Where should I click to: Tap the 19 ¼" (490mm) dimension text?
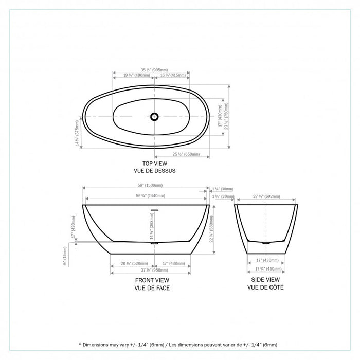[x=131, y=75]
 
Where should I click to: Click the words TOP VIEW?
[x=151, y=163]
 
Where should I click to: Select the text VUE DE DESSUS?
[x=151, y=170]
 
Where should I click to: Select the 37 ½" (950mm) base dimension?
[x=150, y=269]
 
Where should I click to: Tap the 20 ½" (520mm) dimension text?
[x=131, y=263]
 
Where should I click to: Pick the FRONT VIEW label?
[x=152, y=280]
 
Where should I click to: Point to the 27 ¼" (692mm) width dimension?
[x=266, y=196]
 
